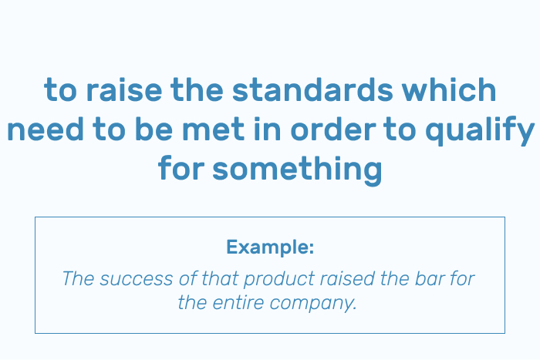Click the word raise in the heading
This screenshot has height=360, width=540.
(x=124, y=89)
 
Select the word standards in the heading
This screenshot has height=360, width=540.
(x=312, y=89)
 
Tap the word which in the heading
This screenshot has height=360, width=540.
(x=449, y=89)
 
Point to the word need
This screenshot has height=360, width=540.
(x=46, y=129)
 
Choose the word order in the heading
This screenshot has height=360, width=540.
(x=333, y=129)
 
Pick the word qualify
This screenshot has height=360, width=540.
(x=480, y=131)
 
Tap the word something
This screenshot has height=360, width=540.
(x=297, y=170)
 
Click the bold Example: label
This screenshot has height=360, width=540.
(x=270, y=247)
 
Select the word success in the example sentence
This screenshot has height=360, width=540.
(x=136, y=278)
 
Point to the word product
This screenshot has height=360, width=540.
(x=279, y=280)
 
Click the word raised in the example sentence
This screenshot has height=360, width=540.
(x=347, y=278)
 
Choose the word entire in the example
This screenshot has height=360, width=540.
(x=238, y=303)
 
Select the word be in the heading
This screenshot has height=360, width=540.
(x=154, y=129)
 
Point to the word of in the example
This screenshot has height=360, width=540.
(x=187, y=278)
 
